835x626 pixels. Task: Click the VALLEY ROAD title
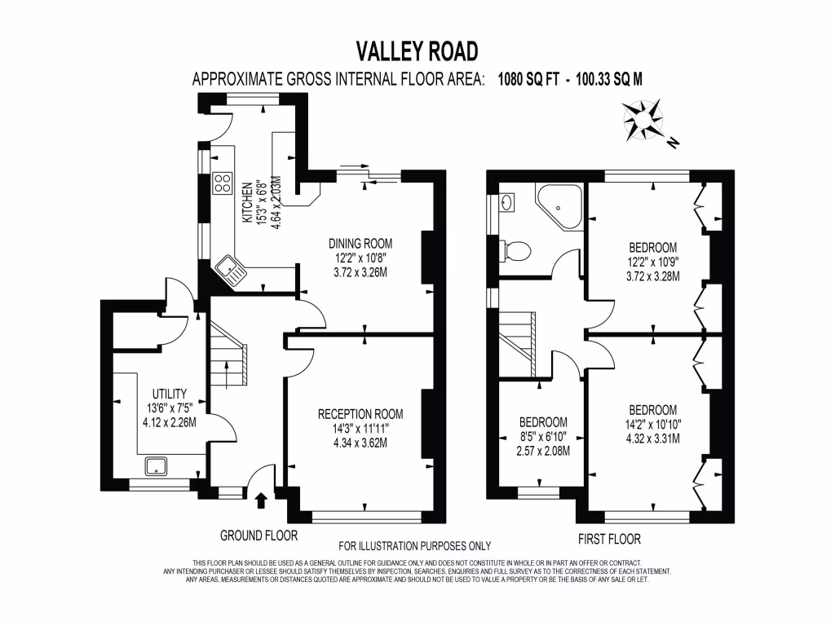417,51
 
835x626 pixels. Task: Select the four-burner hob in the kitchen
223,183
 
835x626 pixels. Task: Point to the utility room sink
156,466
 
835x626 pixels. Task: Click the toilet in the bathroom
515,251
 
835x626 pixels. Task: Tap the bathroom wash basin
507,202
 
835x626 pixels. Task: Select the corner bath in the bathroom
559,206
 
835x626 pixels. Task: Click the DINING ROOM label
360,244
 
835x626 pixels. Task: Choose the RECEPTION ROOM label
360,414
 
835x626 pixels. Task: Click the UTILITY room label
170,394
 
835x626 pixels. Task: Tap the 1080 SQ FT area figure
528,79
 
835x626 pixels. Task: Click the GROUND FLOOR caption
258,536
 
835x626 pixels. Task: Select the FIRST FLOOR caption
609,540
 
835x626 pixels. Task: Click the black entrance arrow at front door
261,500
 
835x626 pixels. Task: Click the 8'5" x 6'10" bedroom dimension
543,437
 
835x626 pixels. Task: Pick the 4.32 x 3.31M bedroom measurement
653,439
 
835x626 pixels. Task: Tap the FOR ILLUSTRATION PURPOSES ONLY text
415,545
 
